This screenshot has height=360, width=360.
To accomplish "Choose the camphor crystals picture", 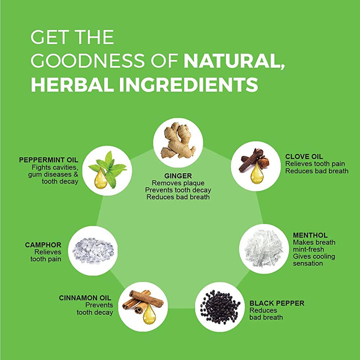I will click(x=93, y=249).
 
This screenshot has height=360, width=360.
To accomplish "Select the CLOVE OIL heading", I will click(x=304, y=156).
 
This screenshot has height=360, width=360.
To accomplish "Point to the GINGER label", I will click(x=178, y=176).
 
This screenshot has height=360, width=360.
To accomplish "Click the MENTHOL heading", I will click(x=310, y=235).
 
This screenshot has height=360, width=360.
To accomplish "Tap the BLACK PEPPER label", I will click(x=276, y=303).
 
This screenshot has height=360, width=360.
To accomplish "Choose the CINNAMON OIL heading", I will click(x=85, y=298).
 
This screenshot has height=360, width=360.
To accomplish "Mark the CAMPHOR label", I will click(x=43, y=245).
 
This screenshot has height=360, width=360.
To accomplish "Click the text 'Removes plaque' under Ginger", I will click(x=178, y=183).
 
